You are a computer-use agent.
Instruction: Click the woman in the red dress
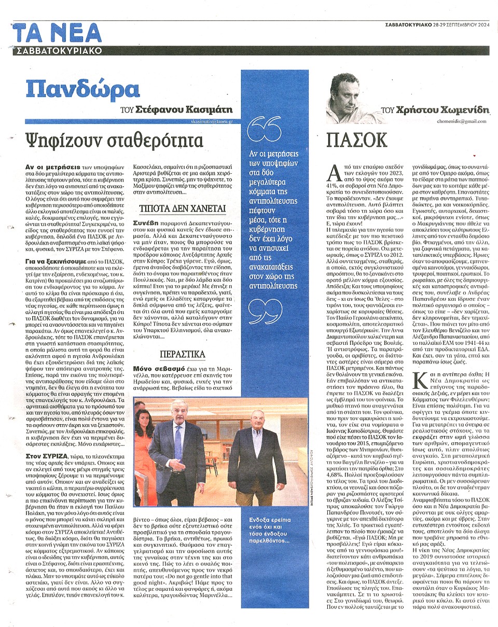[x=143, y=446]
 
